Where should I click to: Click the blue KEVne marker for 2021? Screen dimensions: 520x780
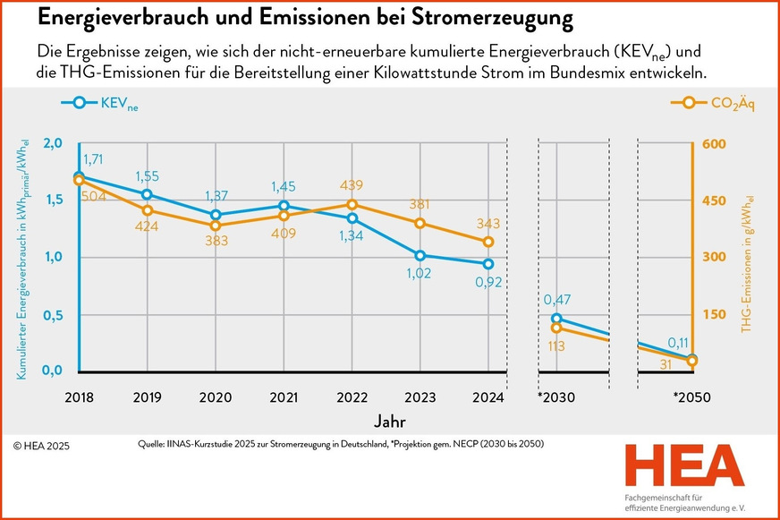pyautogui.click(x=283, y=206)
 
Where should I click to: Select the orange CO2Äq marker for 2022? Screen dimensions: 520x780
pyautogui.click(x=352, y=205)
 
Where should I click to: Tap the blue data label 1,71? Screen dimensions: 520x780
pyautogui.click(x=94, y=158)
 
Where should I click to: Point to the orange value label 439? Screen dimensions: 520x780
pyautogui.click(x=352, y=184)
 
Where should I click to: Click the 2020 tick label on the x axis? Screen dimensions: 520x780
pyautogui.click(x=215, y=396)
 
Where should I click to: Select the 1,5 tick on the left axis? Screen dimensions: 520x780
pyautogui.click(x=54, y=200)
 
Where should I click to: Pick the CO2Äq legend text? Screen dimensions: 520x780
pyautogui.click(x=733, y=104)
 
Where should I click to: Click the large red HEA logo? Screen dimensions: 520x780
pyautogui.click(x=684, y=466)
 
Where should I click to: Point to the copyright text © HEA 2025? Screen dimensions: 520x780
pyautogui.click(x=41, y=445)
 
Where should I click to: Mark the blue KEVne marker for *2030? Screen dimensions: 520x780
pyautogui.click(x=556, y=318)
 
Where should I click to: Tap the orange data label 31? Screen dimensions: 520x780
pyautogui.click(x=665, y=364)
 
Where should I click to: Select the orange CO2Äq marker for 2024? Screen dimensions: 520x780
pyautogui.click(x=488, y=242)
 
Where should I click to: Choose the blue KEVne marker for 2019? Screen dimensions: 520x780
pyautogui.click(x=147, y=194)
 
